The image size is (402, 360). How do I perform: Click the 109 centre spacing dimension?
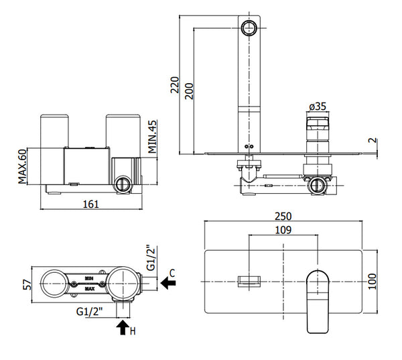pos(284,231)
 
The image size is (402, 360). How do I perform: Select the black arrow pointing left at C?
pos(169,284)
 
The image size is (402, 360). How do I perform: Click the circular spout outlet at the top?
pos(249,28)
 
